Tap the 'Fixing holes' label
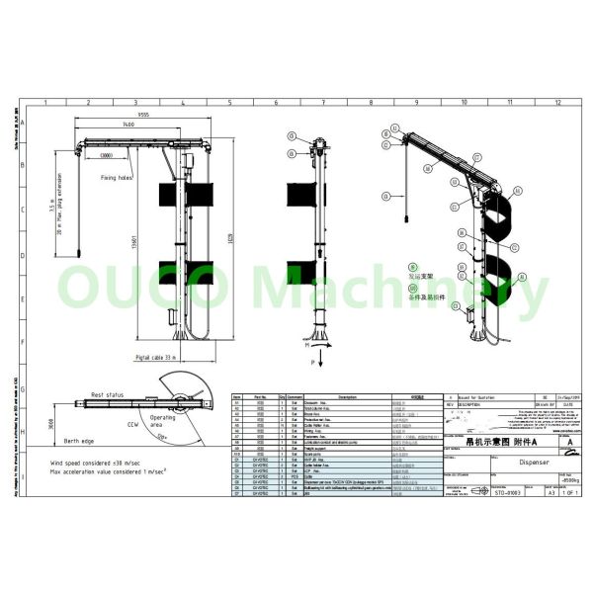click(116, 178)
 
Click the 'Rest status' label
click(106, 394)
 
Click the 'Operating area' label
click(165, 422)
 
